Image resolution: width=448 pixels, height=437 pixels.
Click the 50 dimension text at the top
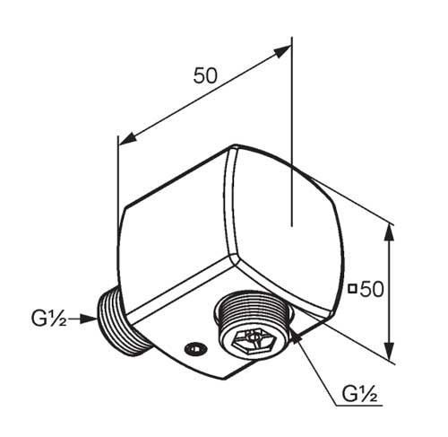click(205, 75)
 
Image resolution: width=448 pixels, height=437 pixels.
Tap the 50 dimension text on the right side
click(372, 289)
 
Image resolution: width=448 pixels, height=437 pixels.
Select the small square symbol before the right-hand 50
click(353, 289)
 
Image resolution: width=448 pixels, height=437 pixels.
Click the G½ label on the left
click(49, 319)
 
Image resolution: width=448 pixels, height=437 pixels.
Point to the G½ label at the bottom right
click(359, 394)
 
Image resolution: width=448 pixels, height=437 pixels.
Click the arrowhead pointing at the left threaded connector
click(90, 319)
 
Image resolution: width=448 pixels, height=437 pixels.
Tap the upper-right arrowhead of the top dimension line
click(282, 51)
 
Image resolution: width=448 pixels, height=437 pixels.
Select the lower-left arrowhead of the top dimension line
click(128, 139)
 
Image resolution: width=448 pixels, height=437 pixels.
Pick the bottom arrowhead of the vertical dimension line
click(388, 350)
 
